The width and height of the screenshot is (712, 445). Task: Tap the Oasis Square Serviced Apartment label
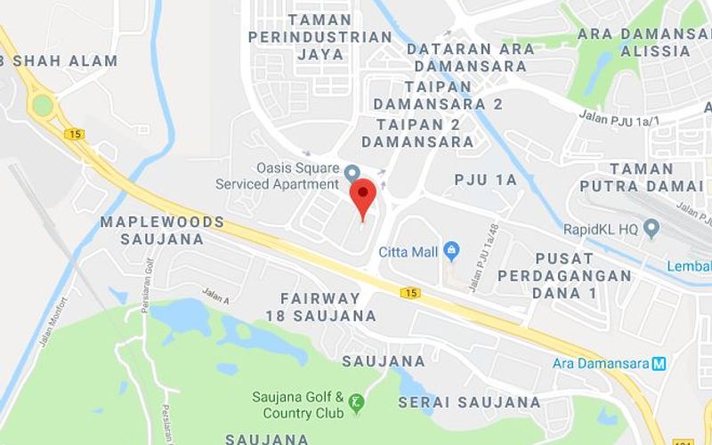(x=278, y=176)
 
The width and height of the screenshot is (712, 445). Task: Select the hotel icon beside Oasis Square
(x=352, y=171)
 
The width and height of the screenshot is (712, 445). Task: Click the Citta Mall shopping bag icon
(x=451, y=251)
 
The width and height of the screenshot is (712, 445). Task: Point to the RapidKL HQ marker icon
(x=651, y=229)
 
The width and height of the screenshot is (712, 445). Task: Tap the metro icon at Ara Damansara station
(x=659, y=363)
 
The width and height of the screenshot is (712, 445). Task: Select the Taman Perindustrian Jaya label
(x=320, y=36)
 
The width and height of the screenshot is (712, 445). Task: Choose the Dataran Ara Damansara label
(x=471, y=57)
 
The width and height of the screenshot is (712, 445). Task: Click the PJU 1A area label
(x=485, y=180)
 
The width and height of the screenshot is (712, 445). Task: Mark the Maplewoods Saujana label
(x=162, y=230)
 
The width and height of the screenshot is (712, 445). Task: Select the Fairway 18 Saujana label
(x=320, y=306)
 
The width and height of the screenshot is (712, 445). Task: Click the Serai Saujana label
(x=469, y=402)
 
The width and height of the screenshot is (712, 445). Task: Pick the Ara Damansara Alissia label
(x=644, y=42)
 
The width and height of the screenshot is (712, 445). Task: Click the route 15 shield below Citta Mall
(x=410, y=292)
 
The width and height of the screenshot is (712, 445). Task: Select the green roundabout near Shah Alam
(x=42, y=105)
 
